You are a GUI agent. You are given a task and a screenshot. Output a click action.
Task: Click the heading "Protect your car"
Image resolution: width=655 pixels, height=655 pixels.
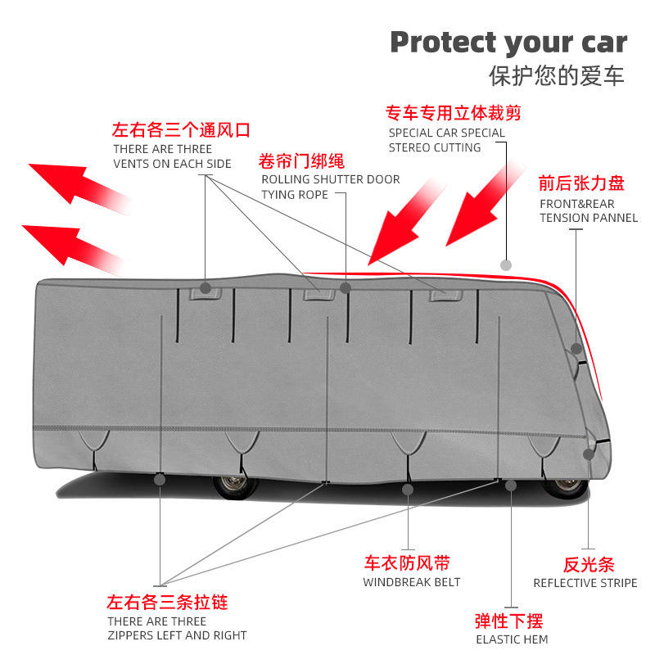pyautogui.click(x=508, y=42)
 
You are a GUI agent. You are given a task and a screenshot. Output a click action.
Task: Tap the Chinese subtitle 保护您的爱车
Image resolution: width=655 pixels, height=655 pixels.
pyautogui.click(x=557, y=76)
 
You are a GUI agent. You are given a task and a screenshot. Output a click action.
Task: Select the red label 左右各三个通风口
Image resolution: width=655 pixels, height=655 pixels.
pyautogui.click(x=181, y=130)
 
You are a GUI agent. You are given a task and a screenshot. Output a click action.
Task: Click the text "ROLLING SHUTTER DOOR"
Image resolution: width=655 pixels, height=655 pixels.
pyautogui.click(x=331, y=179)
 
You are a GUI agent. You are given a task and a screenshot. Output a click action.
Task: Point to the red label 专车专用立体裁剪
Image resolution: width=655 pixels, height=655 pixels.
pyautogui.click(x=454, y=113)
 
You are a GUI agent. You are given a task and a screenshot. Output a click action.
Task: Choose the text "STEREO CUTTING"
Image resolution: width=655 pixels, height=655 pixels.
pyautogui.click(x=435, y=147)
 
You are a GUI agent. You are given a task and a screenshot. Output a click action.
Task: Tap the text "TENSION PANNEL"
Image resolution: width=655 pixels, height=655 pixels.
pyautogui.click(x=589, y=218)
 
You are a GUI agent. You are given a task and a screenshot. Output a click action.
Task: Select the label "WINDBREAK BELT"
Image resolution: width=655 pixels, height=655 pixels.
pyautogui.click(x=412, y=582)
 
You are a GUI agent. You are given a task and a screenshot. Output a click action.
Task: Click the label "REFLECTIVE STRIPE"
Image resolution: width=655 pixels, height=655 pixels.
pyautogui.click(x=585, y=583)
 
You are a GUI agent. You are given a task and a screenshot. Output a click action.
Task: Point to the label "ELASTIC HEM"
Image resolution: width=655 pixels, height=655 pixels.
pyautogui.click(x=512, y=639)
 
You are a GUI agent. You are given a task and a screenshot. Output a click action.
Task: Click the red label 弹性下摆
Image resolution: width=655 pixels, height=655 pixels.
pyautogui.click(x=508, y=620)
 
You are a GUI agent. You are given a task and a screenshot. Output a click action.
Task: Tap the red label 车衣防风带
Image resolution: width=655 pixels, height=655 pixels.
pyautogui.click(x=407, y=563)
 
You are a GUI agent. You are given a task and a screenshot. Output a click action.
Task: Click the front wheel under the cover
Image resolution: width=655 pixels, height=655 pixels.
pyautogui.click(x=565, y=486)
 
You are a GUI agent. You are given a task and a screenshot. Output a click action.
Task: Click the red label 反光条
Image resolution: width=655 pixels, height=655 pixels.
pyautogui.click(x=589, y=564)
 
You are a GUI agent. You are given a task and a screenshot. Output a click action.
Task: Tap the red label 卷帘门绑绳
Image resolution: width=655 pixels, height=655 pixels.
pyautogui.click(x=301, y=160)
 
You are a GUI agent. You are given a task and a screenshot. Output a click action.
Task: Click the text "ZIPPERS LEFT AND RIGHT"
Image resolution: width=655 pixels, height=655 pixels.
pyautogui.click(x=177, y=635)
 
